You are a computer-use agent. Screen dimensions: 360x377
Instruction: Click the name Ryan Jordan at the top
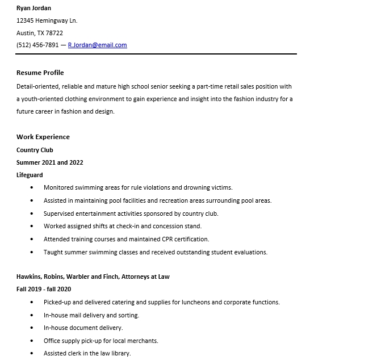click(33, 8)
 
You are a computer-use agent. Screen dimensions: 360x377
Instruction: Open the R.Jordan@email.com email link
click(97, 45)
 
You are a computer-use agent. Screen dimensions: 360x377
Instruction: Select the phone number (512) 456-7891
click(37, 45)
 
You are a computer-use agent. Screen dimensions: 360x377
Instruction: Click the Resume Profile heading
click(40, 73)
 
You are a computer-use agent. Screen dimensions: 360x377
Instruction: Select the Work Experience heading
click(43, 137)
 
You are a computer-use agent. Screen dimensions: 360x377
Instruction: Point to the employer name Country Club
click(35, 150)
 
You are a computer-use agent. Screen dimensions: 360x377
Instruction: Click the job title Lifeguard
click(30, 175)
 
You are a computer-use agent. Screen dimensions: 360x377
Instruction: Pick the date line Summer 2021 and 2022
click(49, 162)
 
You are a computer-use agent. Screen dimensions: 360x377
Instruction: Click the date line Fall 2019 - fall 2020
click(44, 290)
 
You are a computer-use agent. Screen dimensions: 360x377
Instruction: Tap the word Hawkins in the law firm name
click(28, 277)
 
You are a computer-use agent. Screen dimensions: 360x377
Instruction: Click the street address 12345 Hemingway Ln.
click(47, 20)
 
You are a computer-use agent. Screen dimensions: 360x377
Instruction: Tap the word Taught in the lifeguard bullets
click(52, 253)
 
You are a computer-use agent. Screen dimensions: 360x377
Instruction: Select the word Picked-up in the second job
click(57, 303)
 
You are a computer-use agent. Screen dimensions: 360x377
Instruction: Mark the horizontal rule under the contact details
click(156, 54)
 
